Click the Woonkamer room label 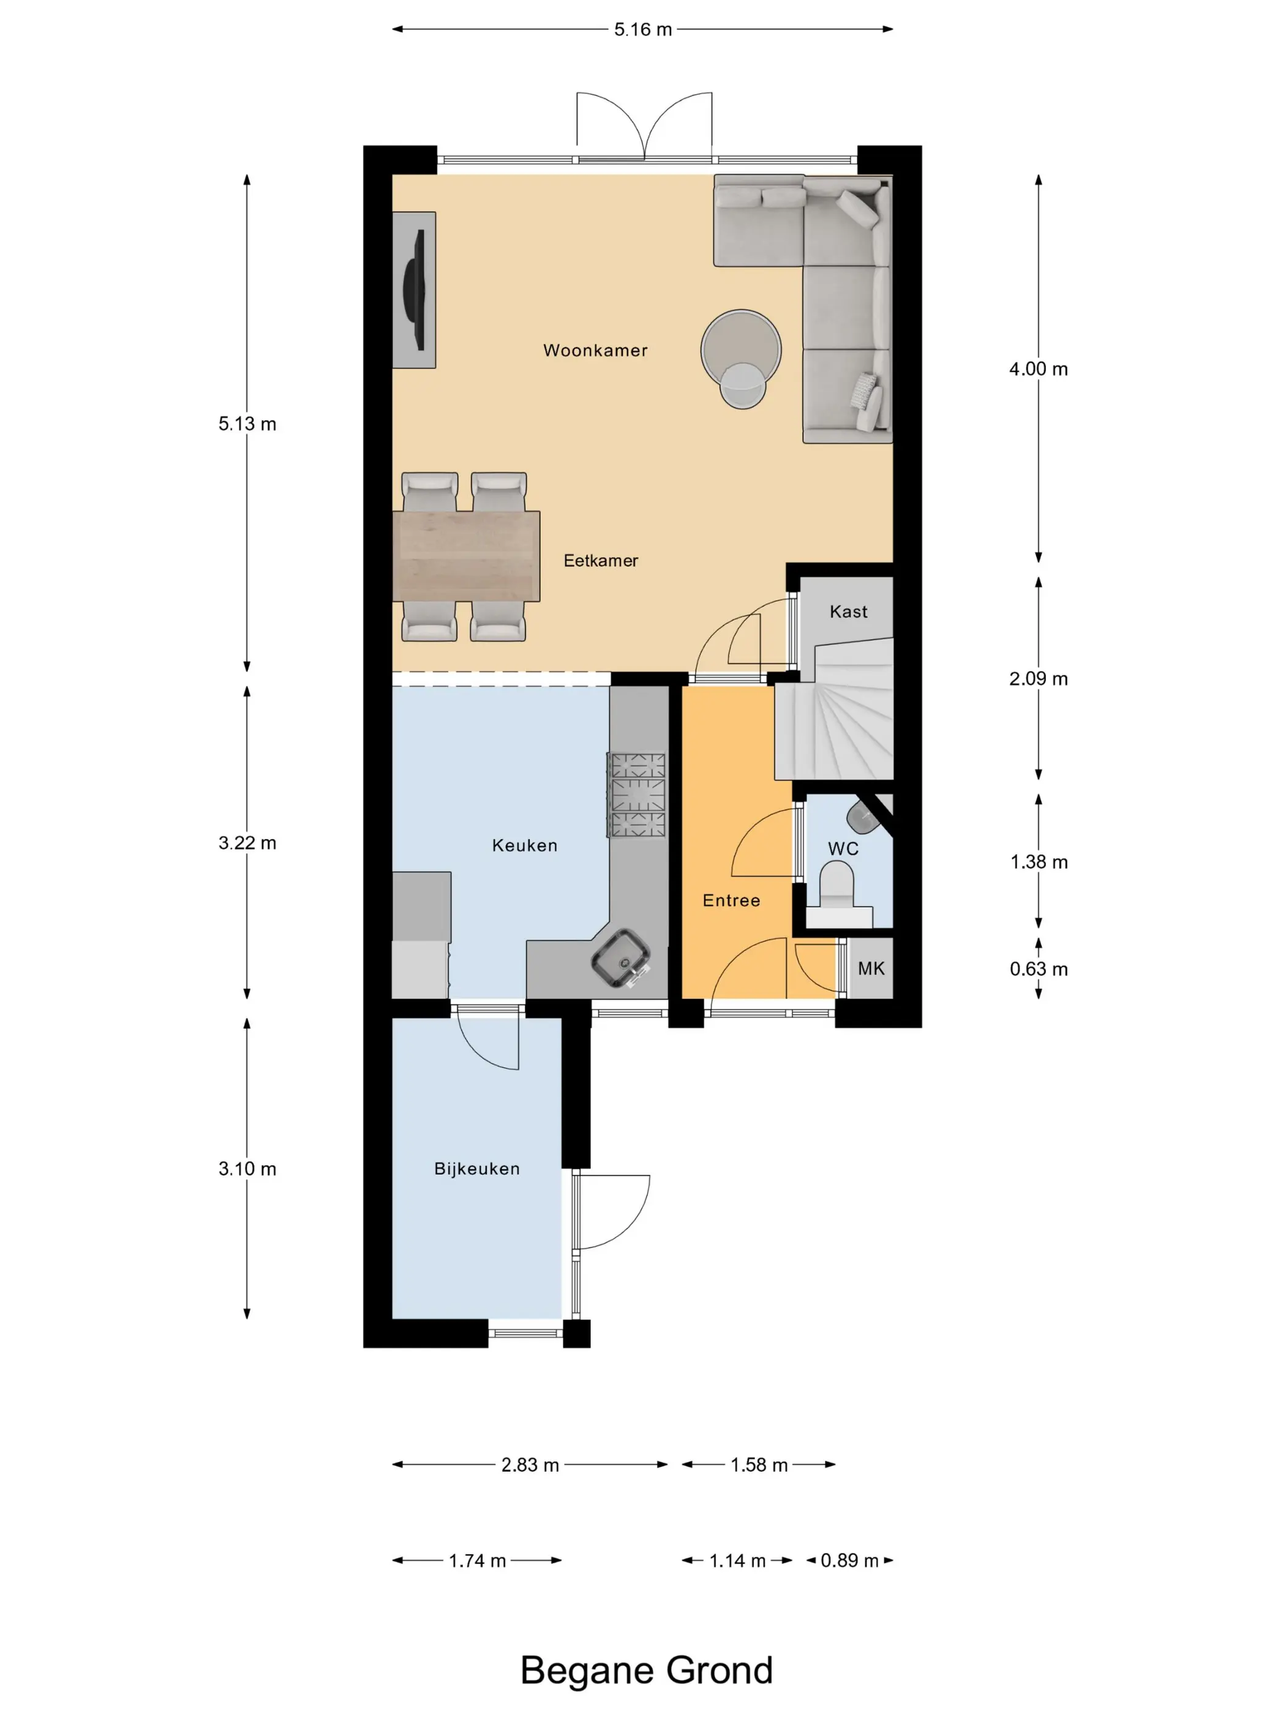[x=595, y=350]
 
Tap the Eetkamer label [x=600, y=560]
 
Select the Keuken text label [x=524, y=845]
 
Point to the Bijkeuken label [x=476, y=1169]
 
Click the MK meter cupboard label [x=871, y=968]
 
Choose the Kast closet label [x=848, y=612]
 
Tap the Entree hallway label [x=731, y=900]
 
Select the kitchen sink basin [x=621, y=959]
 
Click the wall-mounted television [x=416, y=290]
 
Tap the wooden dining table [x=466, y=556]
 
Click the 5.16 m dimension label [x=642, y=29]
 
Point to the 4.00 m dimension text [x=1038, y=369]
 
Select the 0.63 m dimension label [x=1039, y=968]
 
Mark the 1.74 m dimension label [x=476, y=1560]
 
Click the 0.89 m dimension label [x=849, y=1560]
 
